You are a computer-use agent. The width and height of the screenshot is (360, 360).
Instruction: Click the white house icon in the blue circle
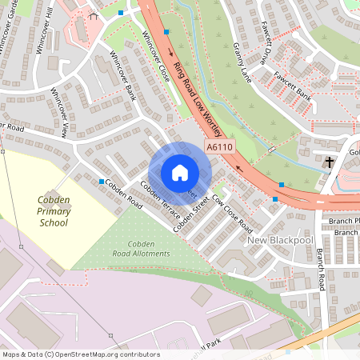(x=179, y=172)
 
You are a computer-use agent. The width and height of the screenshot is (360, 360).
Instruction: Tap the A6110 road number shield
(x=219, y=148)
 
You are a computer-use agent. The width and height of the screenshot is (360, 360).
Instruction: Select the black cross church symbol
(x=329, y=162)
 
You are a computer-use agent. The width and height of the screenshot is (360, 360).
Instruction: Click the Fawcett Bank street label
(x=292, y=93)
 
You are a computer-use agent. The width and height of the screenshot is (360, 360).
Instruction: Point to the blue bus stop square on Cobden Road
(x=100, y=182)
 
